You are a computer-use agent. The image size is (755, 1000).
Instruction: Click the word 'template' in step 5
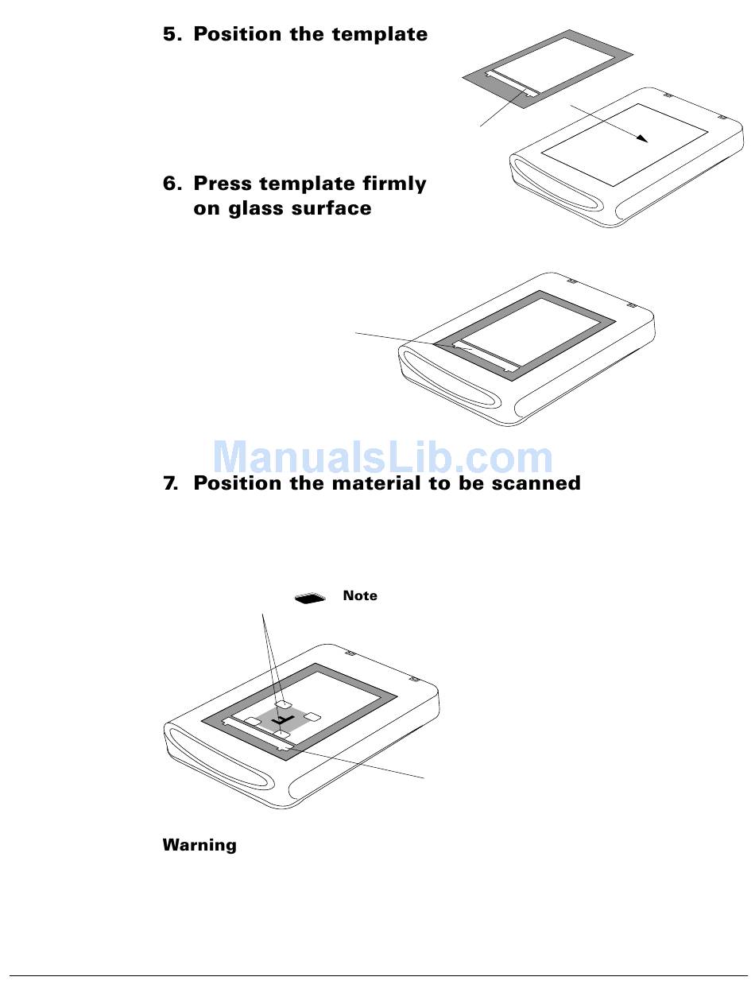[x=380, y=34]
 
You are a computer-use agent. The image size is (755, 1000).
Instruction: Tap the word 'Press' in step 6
[x=223, y=184]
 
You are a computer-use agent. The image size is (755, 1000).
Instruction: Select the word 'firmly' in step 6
[x=394, y=184]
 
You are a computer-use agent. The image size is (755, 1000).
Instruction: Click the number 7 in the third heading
[x=169, y=483]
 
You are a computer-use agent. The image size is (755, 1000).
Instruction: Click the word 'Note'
[x=360, y=595]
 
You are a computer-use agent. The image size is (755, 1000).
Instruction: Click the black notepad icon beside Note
[x=310, y=599]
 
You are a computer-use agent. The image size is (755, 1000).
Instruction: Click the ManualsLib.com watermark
[x=382, y=457]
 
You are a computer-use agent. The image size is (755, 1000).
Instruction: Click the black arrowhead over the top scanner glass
[x=642, y=138]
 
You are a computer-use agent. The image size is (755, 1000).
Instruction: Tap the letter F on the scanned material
[x=282, y=720]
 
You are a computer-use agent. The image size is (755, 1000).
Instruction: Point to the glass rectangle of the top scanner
[x=624, y=145]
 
